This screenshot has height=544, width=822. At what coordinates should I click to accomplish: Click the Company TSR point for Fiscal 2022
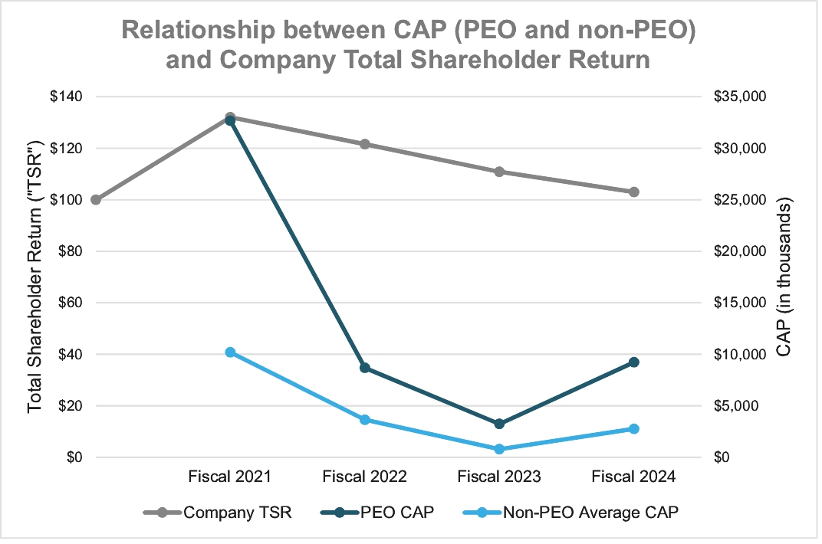point(365,144)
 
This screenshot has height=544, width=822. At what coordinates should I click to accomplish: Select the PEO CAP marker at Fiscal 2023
point(499,424)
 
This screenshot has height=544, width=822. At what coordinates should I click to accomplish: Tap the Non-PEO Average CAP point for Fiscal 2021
point(230,352)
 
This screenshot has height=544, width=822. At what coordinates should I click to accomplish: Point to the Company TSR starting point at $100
point(96,200)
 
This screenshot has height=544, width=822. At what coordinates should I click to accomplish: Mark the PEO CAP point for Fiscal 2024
point(634,362)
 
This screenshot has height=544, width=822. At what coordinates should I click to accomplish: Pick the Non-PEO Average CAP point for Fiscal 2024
point(634,429)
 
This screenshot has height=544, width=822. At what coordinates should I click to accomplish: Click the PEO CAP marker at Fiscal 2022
point(365,368)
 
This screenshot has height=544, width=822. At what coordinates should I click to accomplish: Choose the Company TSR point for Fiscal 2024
point(634,192)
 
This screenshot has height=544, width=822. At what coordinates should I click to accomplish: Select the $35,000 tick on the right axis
point(740,97)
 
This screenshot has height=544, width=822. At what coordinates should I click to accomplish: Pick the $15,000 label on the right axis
point(740,303)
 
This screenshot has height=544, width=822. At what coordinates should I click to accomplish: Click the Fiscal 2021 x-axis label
point(230,477)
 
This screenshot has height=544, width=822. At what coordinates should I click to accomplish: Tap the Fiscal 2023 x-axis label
point(499,477)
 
